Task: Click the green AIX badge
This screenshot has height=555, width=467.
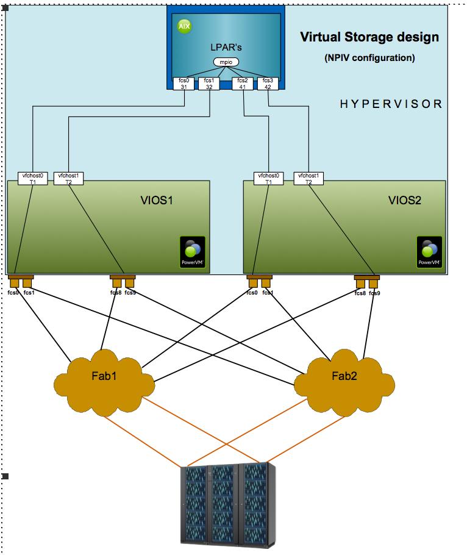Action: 184,26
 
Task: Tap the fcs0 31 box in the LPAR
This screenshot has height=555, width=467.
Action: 184,83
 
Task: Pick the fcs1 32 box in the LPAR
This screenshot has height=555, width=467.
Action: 209,83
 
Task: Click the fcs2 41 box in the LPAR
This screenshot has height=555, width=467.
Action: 243,83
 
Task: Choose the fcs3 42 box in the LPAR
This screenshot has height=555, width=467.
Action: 267,83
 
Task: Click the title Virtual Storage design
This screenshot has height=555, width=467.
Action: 369,37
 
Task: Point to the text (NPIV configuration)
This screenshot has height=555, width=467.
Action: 369,59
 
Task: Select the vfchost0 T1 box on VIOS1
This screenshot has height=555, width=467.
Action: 32,178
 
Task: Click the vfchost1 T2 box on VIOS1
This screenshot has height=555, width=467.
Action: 68,178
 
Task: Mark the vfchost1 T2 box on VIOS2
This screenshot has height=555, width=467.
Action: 308,178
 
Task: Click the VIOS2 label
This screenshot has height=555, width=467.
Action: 405,199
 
